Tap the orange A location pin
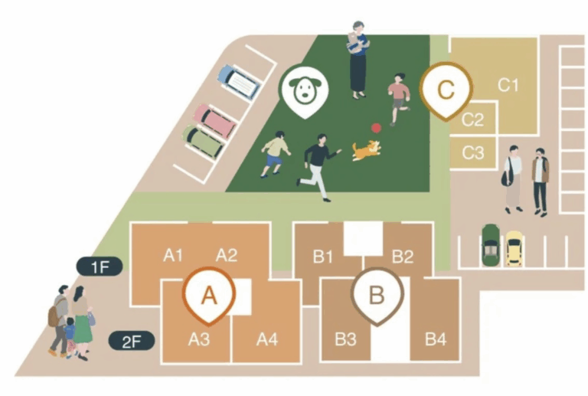click(x=207, y=293)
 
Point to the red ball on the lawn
click(x=376, y=129)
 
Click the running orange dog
click(x=366, y=149)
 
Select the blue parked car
click(x=239, y=81)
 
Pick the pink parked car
click(x=214, y=119)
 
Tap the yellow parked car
click(x=512, y=248)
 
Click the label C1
click(x=509, y=85)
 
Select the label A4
click(x=266, y=339)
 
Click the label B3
click(x=345, y=339)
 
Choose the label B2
click(x=403, y=256)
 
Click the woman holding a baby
click(x=358, y=60)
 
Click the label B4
click(x=436, y=339)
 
